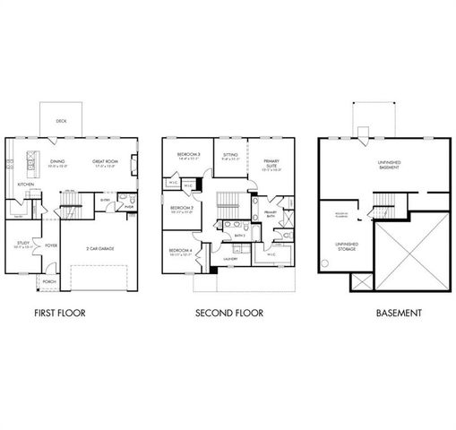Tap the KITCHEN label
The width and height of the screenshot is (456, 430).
(x=27, y=185)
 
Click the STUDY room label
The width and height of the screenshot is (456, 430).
(x=22, y=243)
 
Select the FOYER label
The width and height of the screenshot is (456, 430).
(x=51, y=244)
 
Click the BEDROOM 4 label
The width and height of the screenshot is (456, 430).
(x=182, y=251)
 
